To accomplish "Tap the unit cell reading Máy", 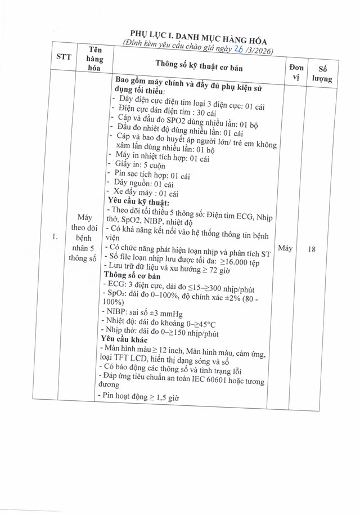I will pos(285,248).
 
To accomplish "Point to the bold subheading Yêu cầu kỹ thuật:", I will pos(138,202).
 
